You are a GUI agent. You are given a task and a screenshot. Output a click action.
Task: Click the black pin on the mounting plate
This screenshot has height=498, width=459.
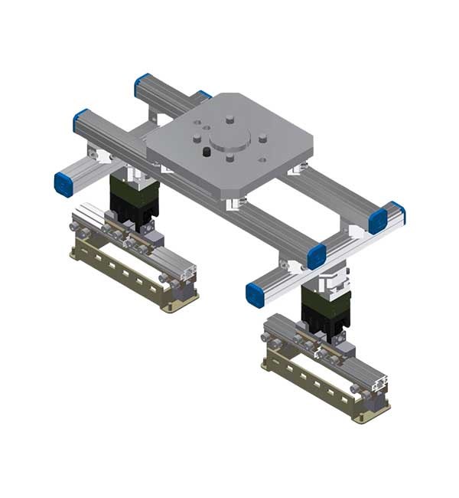point(207,152)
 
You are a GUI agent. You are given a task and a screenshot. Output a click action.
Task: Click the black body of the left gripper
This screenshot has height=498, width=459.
point(132,201)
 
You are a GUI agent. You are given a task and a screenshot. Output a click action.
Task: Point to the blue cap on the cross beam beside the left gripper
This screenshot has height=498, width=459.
point(63,184)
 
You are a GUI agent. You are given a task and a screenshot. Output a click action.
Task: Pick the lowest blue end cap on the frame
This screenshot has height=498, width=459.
point(256,293)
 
